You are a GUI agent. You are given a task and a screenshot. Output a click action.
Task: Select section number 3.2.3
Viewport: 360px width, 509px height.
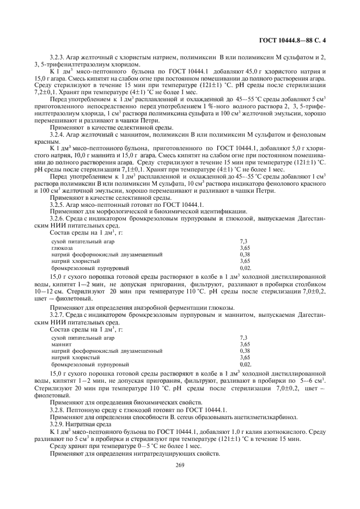pos(59,57)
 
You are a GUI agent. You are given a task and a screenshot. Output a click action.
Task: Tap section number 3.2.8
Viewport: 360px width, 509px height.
pos(59,409)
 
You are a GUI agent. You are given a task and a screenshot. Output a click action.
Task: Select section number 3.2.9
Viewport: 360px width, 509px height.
pos(59,424)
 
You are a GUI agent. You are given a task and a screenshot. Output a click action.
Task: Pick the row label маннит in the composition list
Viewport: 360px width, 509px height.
pos(60,345)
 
